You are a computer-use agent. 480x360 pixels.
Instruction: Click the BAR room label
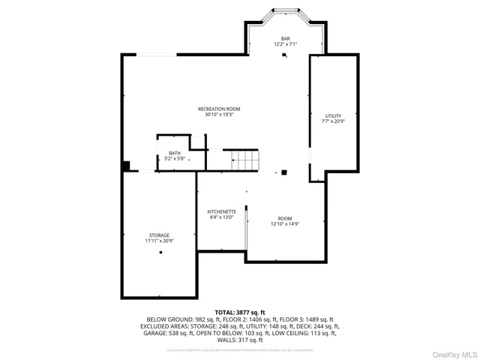click(x=285, y=38)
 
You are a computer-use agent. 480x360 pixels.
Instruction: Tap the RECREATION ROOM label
click(x=219, y=109)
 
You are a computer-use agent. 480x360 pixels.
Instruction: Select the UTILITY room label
click(x=333, y=115)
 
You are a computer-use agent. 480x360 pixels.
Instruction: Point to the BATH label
click(x=174, y=153)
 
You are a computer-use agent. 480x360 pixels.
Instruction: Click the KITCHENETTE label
click(x=222, y=211)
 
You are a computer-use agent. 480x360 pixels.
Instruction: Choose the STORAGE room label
click(x=159, y=235)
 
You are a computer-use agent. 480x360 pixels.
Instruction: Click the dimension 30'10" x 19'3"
click(x=219, y=115)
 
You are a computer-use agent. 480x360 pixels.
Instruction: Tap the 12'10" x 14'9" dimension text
click(x=285, y=223)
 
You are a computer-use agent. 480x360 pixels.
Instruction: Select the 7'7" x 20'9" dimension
click(x=333, y=121)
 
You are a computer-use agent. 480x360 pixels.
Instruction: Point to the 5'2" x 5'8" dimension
click(x=174, y=159)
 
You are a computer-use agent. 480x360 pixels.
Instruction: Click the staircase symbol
click(x=245, y=160)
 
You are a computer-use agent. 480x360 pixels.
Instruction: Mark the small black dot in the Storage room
click(x=160, y=253)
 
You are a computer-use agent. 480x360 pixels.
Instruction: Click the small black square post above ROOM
click(x=283, y=172)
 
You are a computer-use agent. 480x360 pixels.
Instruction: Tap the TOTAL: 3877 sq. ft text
click(x=240, y=312)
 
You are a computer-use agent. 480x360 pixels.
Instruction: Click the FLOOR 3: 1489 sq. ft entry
click(x=307, y=319)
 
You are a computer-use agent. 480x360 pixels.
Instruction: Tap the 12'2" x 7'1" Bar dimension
click(x=285, y=44)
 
